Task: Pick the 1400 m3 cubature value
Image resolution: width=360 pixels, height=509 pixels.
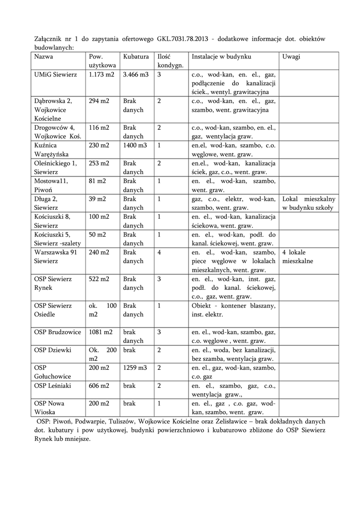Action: [x=135, y=146]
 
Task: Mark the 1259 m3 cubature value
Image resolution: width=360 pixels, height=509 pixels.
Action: [x=135, y=368]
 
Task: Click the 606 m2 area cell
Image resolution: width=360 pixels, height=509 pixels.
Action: [x=99, y=386]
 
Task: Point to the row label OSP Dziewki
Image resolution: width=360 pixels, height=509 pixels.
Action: [x=53, y=350]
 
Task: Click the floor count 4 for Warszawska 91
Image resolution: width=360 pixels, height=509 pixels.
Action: [x=159, y=253]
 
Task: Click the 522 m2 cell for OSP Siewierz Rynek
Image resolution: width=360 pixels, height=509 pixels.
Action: [x=99, y=279]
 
